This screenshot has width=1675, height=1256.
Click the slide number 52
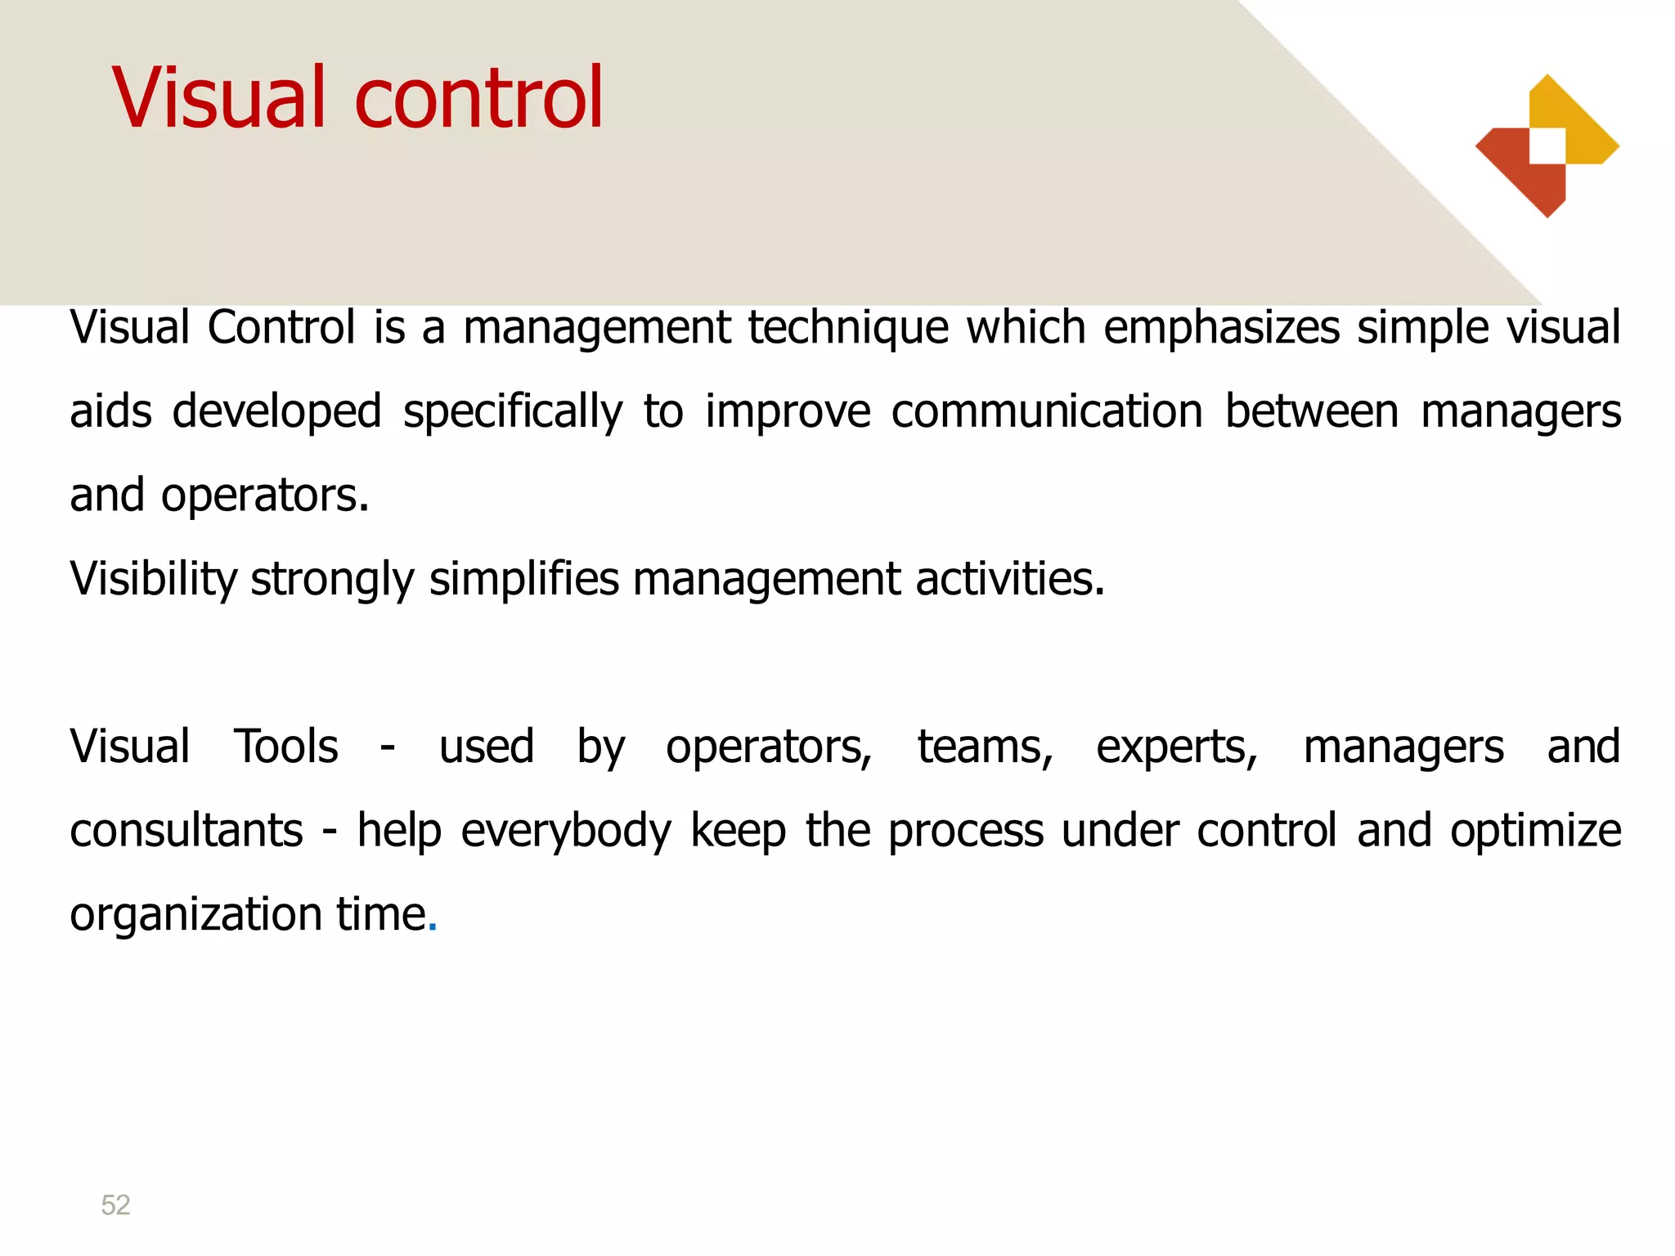(115, 1204)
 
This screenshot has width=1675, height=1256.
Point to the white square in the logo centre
(1547, 146)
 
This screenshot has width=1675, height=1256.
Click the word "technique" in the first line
(847, 328)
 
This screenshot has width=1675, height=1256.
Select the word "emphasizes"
(1221, 328)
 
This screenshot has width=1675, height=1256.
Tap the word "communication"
(1046, 411)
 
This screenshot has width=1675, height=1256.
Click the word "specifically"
(512, 411)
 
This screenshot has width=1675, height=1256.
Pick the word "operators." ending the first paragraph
(265, 496)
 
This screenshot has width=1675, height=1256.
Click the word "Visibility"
(153, 579)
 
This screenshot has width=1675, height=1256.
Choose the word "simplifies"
(524, 579)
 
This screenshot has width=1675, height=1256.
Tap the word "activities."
(1010, 579)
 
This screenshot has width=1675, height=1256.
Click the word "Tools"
(285, 747)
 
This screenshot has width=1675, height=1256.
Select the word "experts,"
(1177, 747)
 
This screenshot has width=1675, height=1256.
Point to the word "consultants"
(186, 831)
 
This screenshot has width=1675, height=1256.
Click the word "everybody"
(566, 831)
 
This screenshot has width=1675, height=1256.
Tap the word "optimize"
(1535, 831)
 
